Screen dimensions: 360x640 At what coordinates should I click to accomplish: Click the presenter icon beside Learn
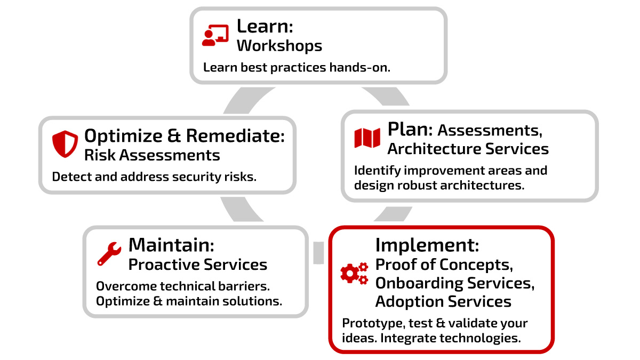pyautogui.click(x=215, y=35)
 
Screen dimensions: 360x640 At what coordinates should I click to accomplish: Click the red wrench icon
pyautogui.click(x=109, y=253)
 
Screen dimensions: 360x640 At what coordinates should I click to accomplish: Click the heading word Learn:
pyautogui.click(x=265, y=26)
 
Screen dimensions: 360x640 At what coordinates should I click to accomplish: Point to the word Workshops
pyautogui.click(x=279, y=46)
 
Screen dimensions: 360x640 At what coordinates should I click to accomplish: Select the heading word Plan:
pyautogui.click(x=410, y=129)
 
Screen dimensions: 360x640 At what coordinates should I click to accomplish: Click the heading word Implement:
pyautogui.click(x=427, y=245)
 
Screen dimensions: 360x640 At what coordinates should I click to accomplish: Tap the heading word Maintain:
pyautogui.click(x=171, y=245)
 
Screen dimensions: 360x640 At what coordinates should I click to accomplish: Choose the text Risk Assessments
pyautogui.click(x=152, y=155)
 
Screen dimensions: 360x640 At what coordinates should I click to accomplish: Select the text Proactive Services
pyautogui.click(x=198, y=265)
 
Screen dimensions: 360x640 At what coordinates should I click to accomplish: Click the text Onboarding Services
pyautogui.click(x=455, y=283)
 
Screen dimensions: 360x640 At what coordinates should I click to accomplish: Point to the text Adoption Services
pyautogui.click(x=443, y=301)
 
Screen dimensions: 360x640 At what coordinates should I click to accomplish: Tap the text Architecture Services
pyautogui.click(x=468, y=149)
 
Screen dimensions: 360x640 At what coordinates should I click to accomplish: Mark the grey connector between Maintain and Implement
pyautogui.click(x=318, y=253)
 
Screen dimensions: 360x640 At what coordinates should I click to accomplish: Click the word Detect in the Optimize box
pyautogui.click(x=69, y=177)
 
